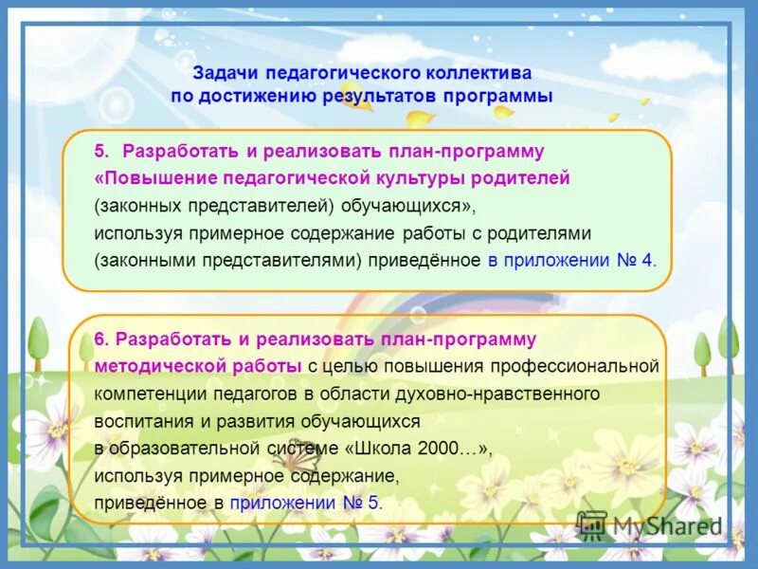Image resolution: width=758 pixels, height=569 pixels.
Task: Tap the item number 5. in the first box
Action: click(102, 152)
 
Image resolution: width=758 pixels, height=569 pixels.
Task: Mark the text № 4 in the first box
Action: click(634, 260)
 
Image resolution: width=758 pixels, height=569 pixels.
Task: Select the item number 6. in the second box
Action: click(102, 340)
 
